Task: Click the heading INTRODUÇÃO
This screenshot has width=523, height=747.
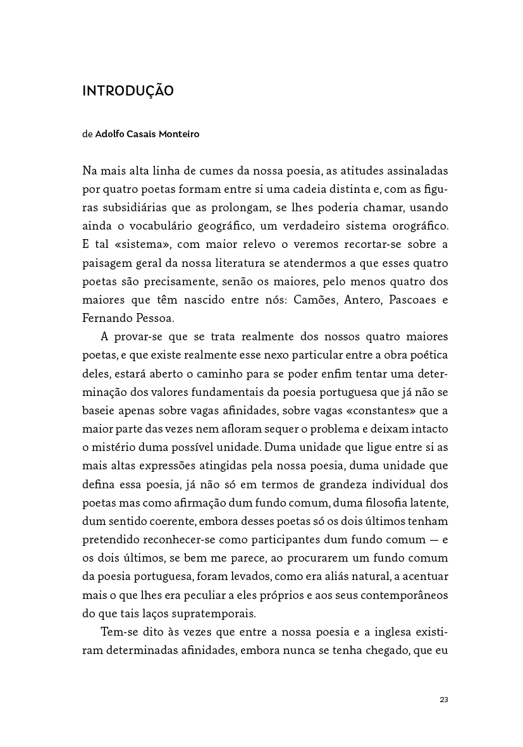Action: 128,91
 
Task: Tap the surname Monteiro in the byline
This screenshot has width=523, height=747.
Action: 179,134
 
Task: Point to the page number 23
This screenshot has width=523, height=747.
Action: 443,700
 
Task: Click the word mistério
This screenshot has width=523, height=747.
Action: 109,447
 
